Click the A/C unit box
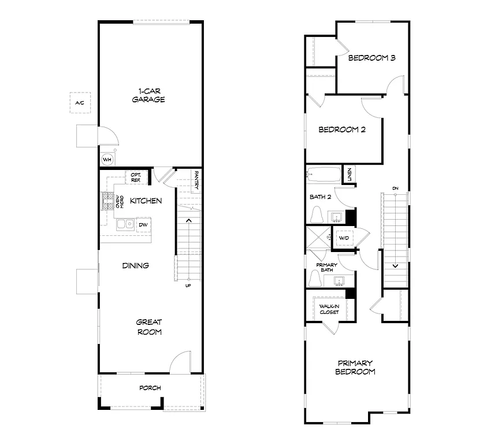click(x=80, y=102)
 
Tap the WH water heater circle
click(x=107, y=159)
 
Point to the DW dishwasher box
click(x=143, y=224)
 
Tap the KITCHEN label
click(x=146, y=201)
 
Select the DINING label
click(x=136, y=265)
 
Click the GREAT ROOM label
click(x=149, y=327)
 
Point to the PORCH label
click(x=150, y=387)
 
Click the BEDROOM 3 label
click(x=371, y=58)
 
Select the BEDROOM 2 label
click(x=342, y=129)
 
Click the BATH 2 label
click(x=320, y=197)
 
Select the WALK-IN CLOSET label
click(x=329, y=309)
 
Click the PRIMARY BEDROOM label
click(x=355, y=367)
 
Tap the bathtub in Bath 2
click(x=323, y=172)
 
